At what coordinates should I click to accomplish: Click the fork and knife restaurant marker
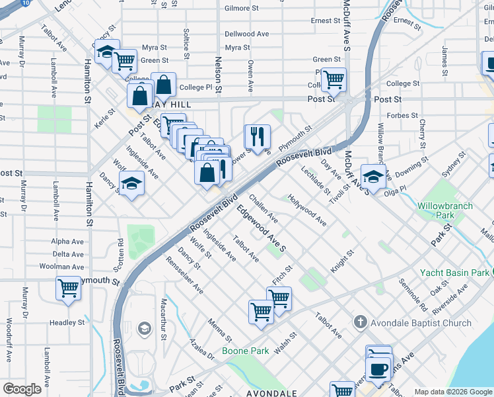coord(257,138)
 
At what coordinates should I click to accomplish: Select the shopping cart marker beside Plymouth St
coord(68,288)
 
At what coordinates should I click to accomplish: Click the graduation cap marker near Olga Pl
coord(374,177)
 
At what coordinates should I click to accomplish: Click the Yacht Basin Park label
coord(456,273)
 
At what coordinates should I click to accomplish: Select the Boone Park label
coord(246,351)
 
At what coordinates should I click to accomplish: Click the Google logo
coord(22,388)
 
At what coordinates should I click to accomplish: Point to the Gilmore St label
coord(241,9)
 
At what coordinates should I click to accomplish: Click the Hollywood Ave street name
coord(306,210)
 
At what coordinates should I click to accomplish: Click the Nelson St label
coord(219,74)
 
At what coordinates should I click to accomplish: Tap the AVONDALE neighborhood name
coord(271,393)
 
